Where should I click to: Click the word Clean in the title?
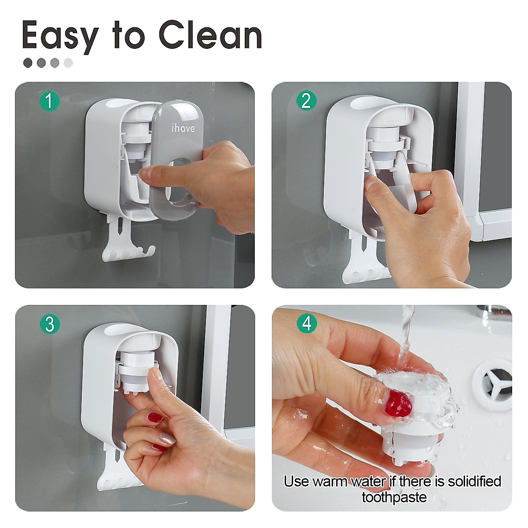coord(210,35)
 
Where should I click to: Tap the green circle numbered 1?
coord(49,101)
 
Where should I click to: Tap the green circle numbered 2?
coord(306,101)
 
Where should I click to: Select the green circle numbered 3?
coord(49,325)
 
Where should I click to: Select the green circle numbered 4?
coord(307,323)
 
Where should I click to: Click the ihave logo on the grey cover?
coord(183,128)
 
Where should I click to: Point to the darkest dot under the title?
coord(28,63)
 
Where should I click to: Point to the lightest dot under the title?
coord(68,63)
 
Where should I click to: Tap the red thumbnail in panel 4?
coord(398,404)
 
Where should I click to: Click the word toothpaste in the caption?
coord(394,497)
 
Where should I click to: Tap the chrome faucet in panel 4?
coord(493,313)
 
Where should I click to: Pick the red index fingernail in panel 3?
coord(155,418)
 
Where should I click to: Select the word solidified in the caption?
coord(474,481)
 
